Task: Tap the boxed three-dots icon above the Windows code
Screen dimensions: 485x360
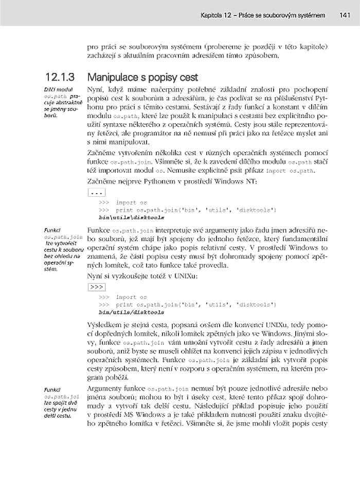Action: (x=97, y=193)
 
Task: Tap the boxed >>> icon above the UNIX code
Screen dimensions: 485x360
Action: (x=97, y=287)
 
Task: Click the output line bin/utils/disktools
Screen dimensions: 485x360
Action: (x=131, y=311)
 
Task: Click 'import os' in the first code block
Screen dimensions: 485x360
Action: (x=131, y=203)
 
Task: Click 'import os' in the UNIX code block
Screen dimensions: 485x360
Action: (x=131, y=297)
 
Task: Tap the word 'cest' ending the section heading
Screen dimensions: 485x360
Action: (x=188, y=78)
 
